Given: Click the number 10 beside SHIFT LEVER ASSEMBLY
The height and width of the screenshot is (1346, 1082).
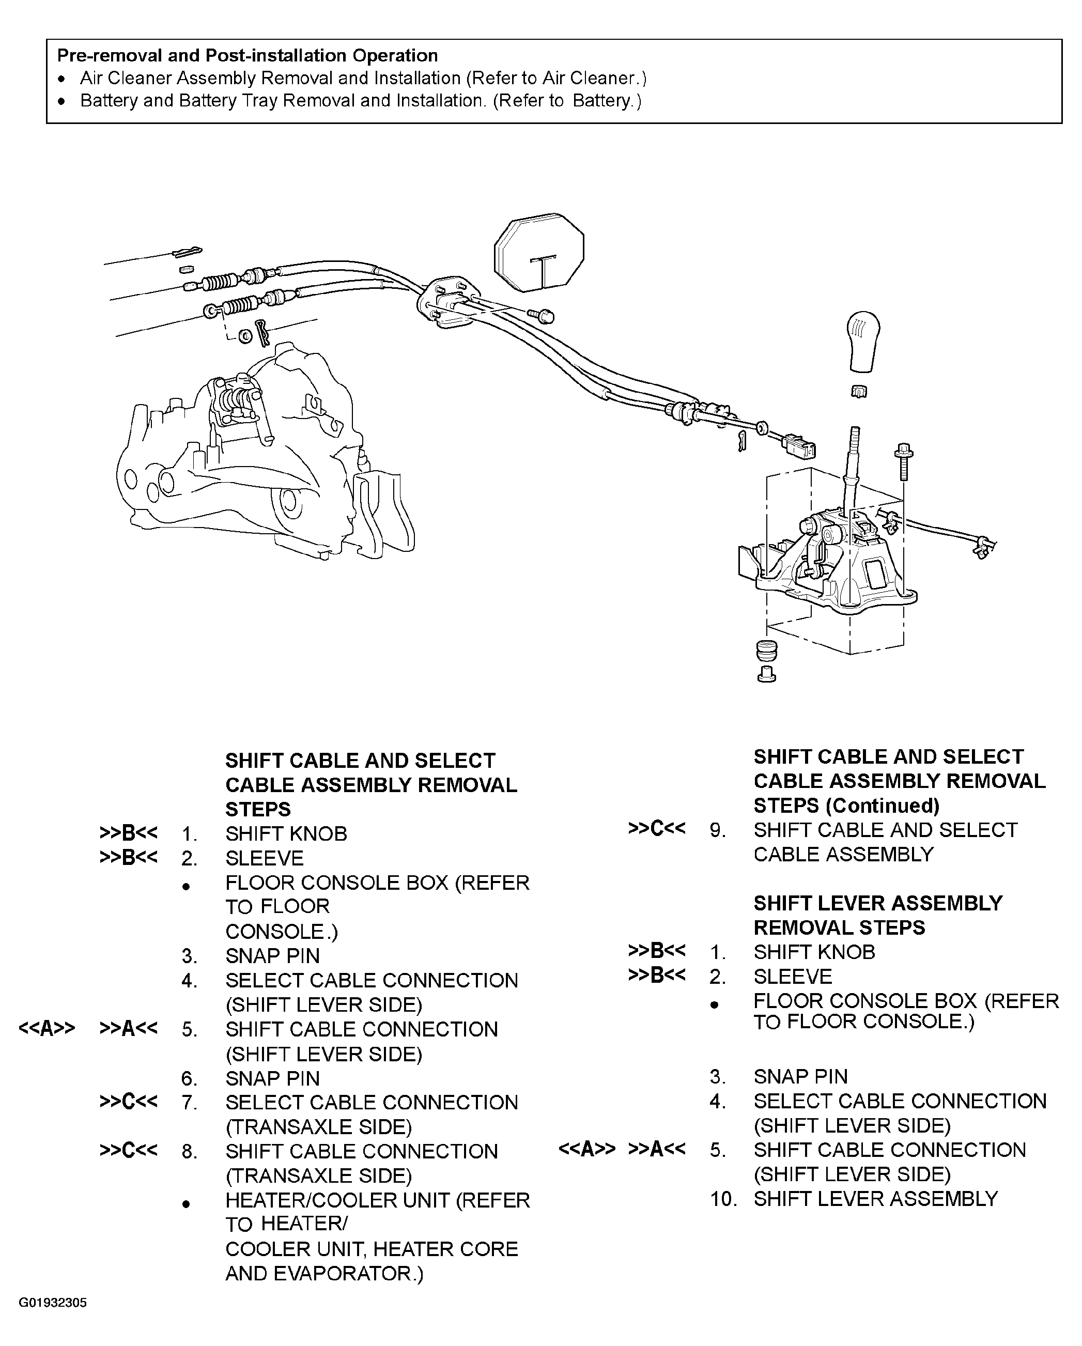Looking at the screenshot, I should pos(723,1199).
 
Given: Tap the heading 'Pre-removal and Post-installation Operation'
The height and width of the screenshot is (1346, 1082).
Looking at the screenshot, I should pos(247,56).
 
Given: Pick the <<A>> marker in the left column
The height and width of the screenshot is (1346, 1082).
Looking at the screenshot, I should pos(47,1028).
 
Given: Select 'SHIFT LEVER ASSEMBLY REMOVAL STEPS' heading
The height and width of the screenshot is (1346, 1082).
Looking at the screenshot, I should pos(877,915).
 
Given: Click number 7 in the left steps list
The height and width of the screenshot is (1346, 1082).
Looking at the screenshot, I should pos(189,1103).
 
